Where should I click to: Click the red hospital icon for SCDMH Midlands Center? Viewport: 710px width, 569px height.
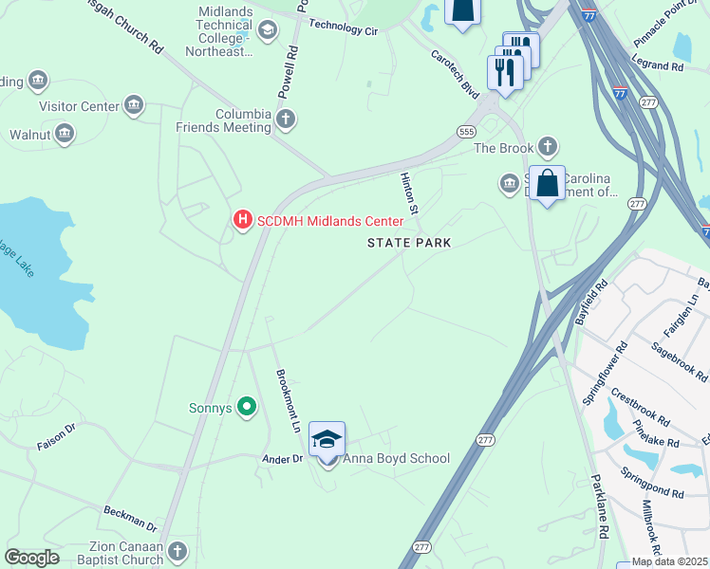pyautogui.click(x=242, y=221)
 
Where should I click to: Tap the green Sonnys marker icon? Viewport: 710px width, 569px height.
pyautogui.click(x=247, y=408)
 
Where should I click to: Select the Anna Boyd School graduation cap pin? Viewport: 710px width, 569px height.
pyautogui.click(x=327, y=441)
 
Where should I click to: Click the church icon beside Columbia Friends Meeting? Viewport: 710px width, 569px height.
pyautogui.click(x=285, y=119)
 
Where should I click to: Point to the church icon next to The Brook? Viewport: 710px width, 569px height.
pyautogui.click(x=546, y=147)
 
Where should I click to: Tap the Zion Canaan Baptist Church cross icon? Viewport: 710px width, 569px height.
pyautogui.click(x=177, y=552)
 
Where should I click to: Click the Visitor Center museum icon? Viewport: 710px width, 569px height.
pyautogui.click(x=134, y=105)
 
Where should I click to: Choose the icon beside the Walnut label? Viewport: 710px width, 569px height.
pyautogui.click(x=65, y=135)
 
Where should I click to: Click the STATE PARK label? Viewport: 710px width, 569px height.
pyautogui.click(x=409, y=243)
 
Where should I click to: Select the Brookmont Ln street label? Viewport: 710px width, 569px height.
pyautogui.click(x=288, y=401)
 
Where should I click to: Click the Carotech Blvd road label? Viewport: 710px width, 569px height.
pyautogui.click(x=455, y=72)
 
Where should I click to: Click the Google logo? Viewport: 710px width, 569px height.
pyautogui.click(x=31, y=558)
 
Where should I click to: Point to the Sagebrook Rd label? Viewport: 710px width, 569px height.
pyautogui.click(x=679, y=361)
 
